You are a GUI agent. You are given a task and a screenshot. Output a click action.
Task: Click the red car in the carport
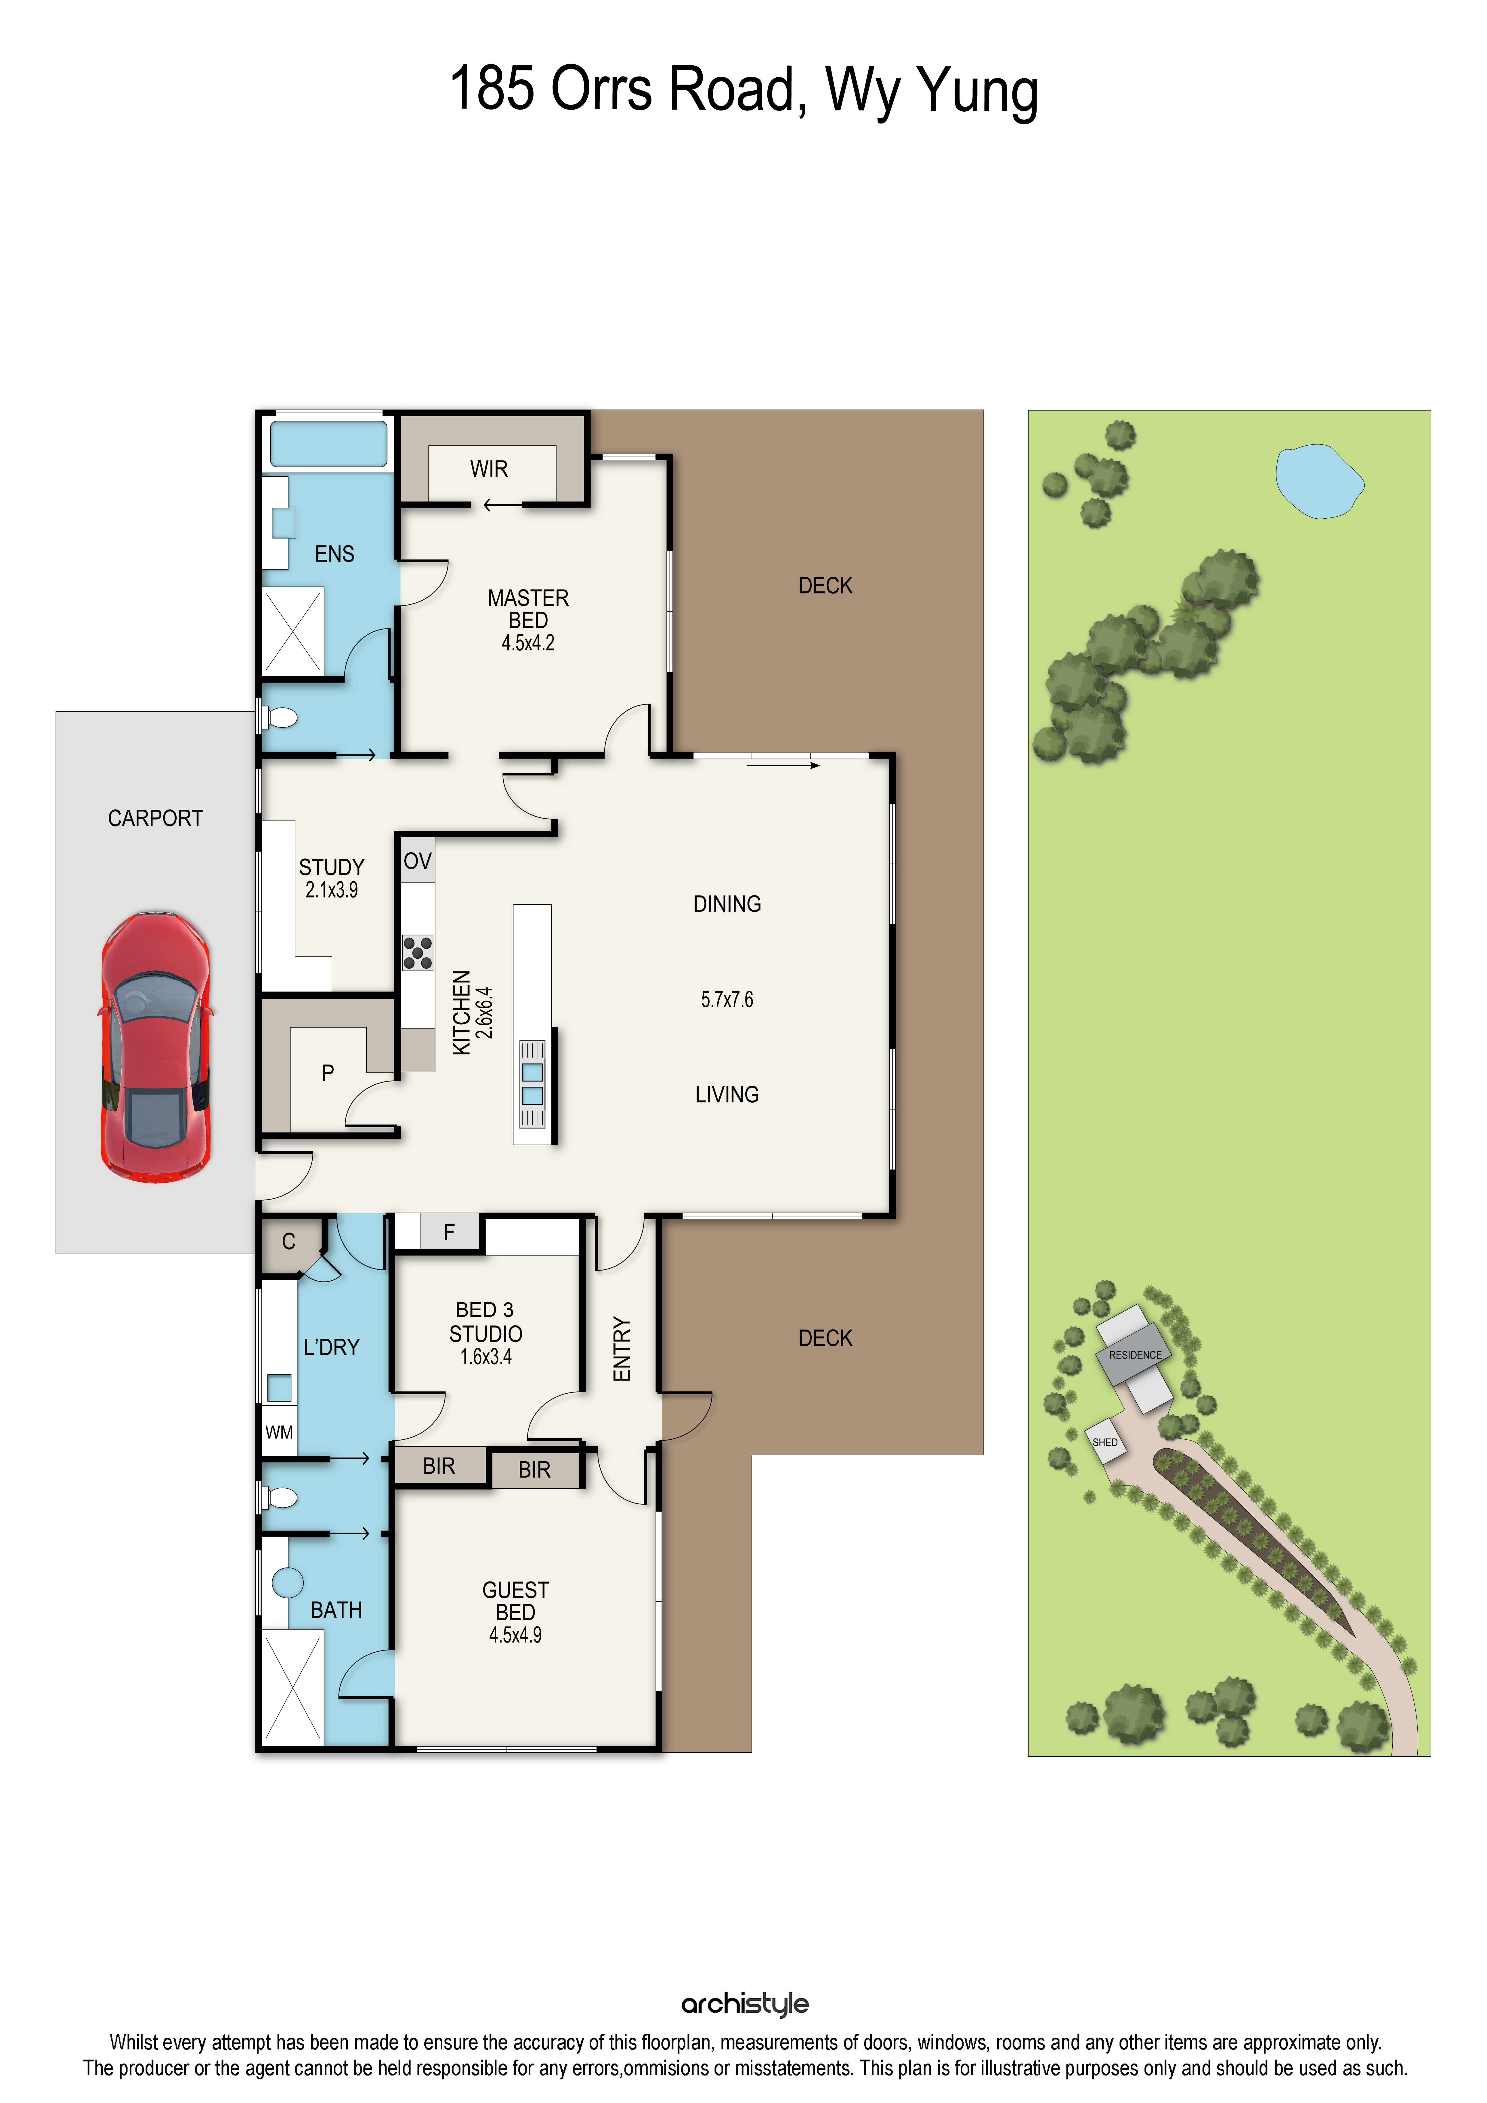156,1046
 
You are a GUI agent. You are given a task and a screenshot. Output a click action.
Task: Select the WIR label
489,469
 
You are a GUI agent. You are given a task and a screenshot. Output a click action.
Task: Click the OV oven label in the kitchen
418,861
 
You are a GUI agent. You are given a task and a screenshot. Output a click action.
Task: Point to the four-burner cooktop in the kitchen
418,953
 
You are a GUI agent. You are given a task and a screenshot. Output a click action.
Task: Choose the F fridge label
449,1232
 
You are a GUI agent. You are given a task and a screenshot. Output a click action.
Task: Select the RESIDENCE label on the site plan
1136,1355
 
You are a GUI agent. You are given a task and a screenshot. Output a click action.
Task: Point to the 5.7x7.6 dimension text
727,999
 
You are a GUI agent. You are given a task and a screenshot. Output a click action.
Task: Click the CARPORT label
156,818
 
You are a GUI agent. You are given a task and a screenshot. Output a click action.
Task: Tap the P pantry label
328,1073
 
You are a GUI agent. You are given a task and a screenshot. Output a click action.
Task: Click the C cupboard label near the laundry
288,1242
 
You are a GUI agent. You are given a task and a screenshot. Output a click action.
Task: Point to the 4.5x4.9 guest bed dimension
515,1635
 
